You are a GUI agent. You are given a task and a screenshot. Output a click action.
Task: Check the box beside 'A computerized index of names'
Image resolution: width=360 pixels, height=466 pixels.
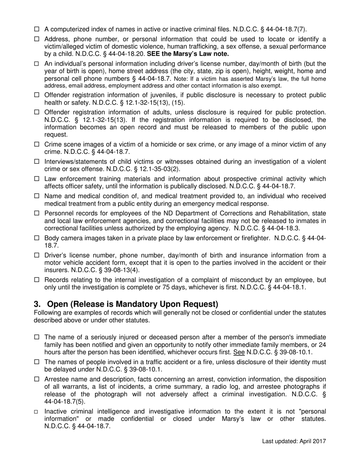point(37,29)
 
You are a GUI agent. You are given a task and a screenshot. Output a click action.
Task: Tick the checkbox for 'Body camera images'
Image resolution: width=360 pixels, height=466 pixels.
point(37,238)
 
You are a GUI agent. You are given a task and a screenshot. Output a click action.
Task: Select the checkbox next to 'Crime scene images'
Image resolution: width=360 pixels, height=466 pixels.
point(37,144)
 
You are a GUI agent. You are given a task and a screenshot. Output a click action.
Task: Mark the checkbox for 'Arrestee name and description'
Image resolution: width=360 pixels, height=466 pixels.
point(37,379)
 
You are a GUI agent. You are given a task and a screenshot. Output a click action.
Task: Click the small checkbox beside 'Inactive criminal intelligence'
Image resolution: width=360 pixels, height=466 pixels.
point(37,411)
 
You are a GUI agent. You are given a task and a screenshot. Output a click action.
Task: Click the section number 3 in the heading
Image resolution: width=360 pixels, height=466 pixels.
point(37,304)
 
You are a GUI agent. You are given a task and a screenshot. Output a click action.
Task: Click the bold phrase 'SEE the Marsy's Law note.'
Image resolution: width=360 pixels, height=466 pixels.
point(188,53)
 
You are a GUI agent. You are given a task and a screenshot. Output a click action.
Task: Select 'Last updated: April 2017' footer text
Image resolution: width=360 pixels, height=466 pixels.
point(294,441)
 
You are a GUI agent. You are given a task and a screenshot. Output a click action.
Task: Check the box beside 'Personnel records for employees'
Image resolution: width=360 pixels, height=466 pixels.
point(37,213)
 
